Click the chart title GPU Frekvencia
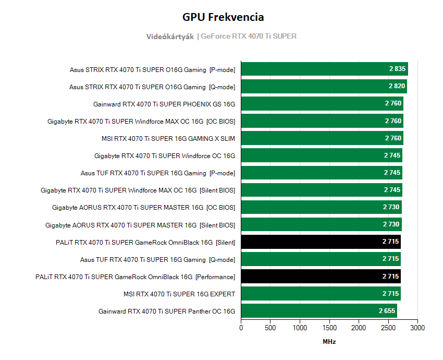(223, 17)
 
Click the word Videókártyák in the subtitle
(170, 37)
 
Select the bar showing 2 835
(324, 69)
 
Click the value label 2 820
(396, 87)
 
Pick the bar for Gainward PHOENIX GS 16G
(322, 104)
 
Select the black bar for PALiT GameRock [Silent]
(321, 242)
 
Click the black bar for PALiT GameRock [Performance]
(321, 277)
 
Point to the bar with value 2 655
(318, 311)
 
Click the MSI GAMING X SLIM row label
(168, 138)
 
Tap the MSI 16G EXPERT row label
(179, 294)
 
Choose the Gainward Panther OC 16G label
(167, 311)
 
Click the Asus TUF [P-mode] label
(158, 173)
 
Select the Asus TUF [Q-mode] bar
(321, 259)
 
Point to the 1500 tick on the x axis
(329, 328)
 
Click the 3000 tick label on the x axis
(417, 328)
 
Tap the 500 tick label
(270, 328)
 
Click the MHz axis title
(329, 342)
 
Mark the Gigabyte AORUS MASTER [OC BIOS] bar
(321, 208)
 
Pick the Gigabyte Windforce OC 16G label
(165, 155)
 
